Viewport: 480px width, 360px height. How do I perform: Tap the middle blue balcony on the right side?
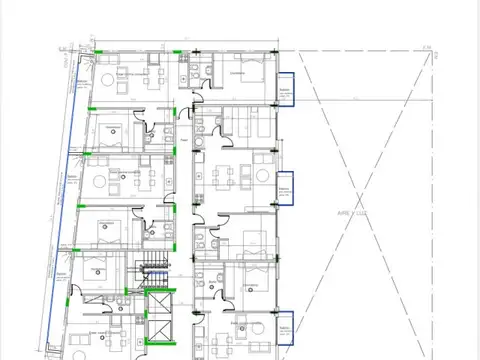pyautogui.click(x=286, y=187)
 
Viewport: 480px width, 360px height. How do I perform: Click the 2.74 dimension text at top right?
pyautogui.click(x=425, y=47)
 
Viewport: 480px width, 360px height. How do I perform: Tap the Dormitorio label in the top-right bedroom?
pyautogui.click(x=237, y=72)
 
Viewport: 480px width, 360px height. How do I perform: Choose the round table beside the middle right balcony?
pyautogui.click(x=261, y=176)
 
